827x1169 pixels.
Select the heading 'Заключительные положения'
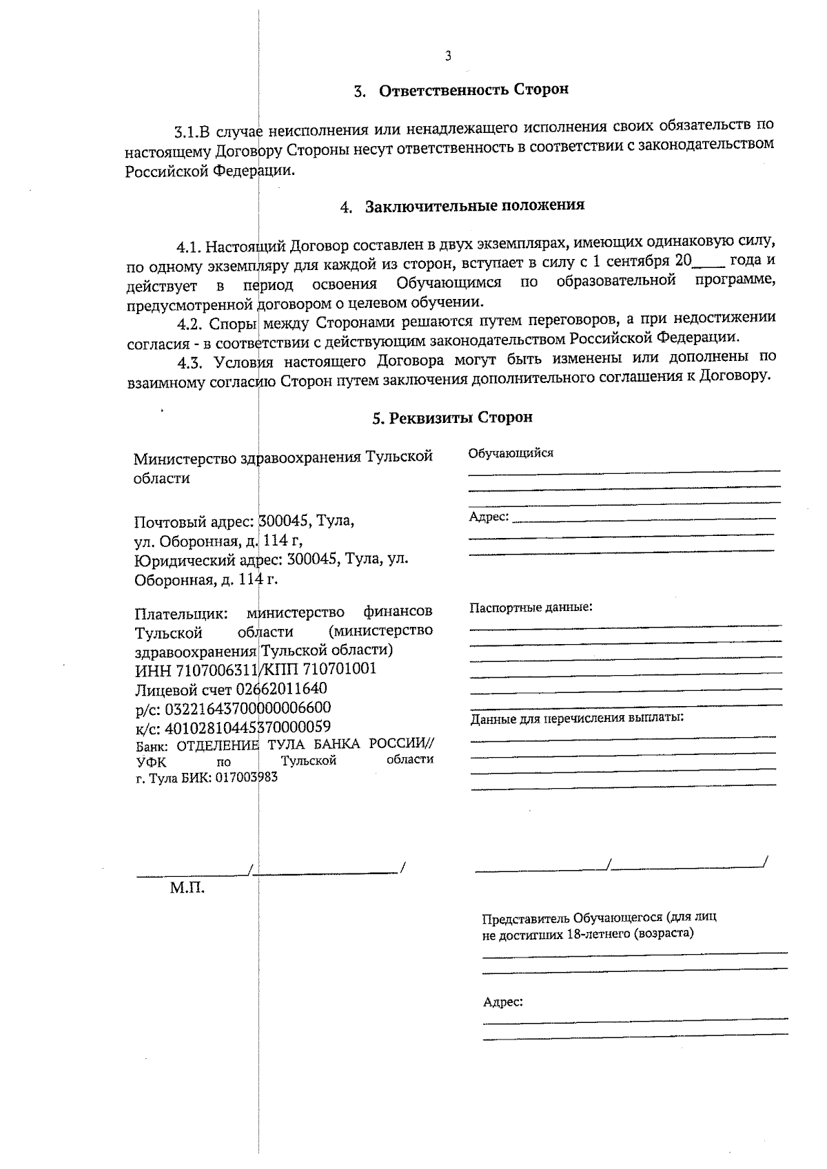pos(474,205)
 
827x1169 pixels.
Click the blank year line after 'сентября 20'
pos(708,262)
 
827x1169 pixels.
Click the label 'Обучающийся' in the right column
pos(511,453)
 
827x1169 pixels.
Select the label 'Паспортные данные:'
pos(531,608)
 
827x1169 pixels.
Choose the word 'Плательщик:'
pos(181,612)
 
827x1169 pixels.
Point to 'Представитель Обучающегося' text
pos(572,918)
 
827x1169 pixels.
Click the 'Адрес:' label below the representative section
pos(502,1002)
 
